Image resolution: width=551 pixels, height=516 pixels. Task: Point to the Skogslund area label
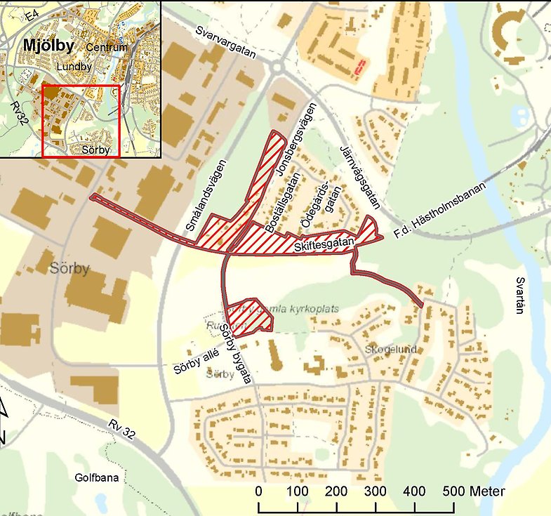tap(391, 349)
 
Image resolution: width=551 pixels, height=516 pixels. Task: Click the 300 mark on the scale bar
tap(376, 491)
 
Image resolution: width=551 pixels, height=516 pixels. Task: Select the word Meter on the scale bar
tap(486, 491)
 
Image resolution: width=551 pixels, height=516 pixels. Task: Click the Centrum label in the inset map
tap(107, 47)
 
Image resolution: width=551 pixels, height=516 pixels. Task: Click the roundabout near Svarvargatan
tap(278, 67)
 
